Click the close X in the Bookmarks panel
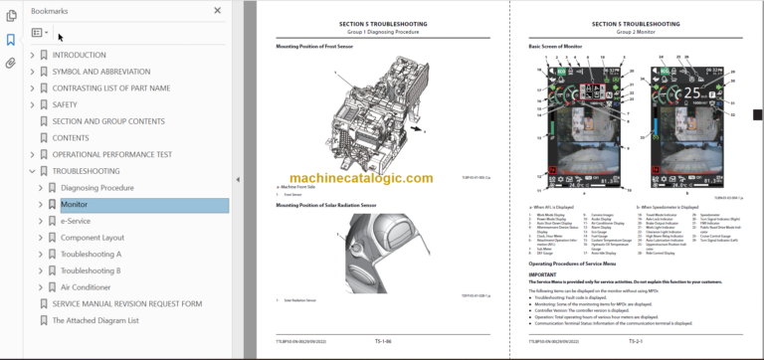218,10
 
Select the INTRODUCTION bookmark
79,55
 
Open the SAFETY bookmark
65,104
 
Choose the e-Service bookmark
76,221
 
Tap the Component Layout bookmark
93,238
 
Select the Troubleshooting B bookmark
91,270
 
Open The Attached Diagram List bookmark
95,320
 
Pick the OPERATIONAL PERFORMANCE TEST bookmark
112,154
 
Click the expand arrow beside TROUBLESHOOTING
32,171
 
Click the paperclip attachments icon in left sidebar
11,63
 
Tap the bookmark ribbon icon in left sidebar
11,40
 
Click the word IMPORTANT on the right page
542,273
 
